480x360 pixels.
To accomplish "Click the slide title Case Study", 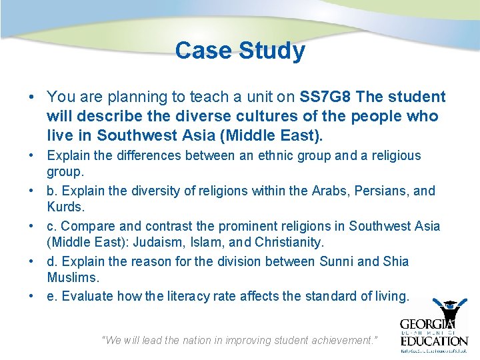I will click(x=240, y=51).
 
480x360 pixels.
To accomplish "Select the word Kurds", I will click(x=65, y=207).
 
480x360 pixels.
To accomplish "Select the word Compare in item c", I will click(x=85, y=226).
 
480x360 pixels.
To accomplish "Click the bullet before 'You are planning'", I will click(x=32, y=97).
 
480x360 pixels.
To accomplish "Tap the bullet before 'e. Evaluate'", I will click(x=32, y=296).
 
